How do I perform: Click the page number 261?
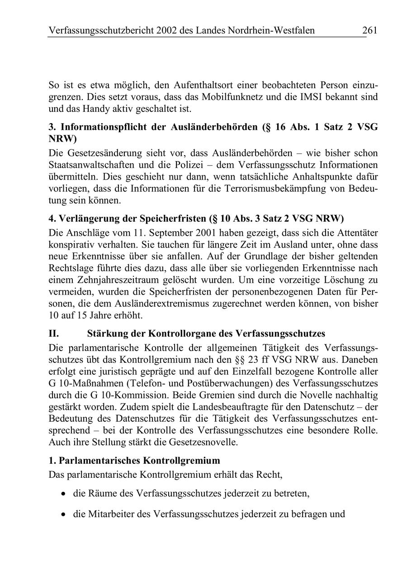point(369,31)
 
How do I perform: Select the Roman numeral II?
point(53,333)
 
